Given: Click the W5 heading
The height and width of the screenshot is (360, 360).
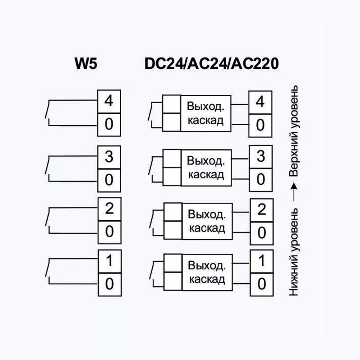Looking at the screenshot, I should (86, 64).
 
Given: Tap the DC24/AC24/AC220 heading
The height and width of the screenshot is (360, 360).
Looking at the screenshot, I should (212, 64).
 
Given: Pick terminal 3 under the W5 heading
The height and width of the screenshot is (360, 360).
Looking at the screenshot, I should (109, 157).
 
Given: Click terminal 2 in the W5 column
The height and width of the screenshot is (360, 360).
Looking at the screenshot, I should (109, 209).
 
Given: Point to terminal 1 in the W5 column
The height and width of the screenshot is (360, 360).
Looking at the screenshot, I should (109, 261).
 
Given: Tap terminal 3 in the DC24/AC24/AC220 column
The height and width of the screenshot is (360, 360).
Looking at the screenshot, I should (261, 157).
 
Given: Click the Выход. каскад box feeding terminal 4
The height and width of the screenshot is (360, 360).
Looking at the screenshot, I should (206, 113).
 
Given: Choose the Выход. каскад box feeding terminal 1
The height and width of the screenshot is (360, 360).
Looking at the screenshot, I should (207, 273).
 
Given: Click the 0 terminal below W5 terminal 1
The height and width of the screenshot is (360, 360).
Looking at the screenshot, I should (109, 284).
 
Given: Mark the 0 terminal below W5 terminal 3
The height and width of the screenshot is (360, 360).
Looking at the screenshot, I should (109, 179).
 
